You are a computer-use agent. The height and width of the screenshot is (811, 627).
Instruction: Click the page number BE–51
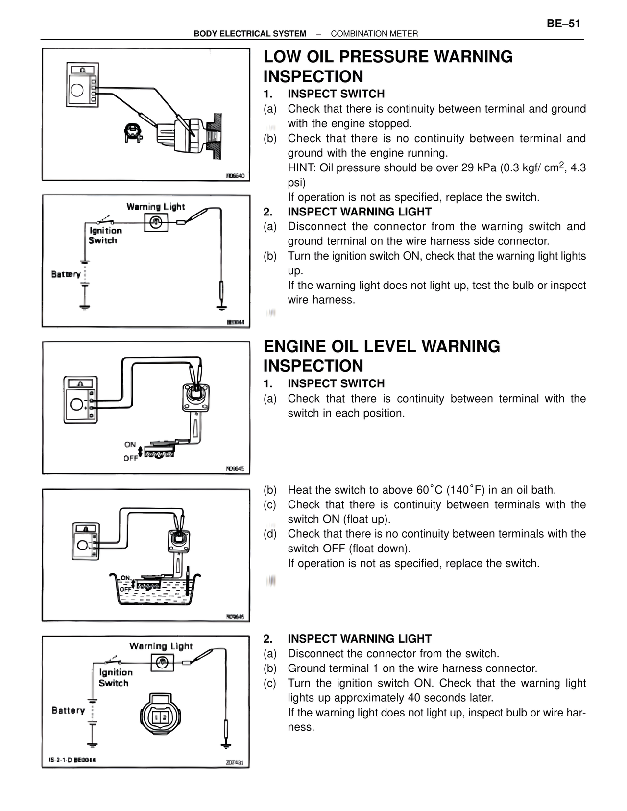(x=563, y=24)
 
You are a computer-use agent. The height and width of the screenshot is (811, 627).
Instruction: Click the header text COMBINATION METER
(x=374, y=34)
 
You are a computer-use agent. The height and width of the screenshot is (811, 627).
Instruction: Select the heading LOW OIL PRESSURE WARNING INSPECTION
(x=387, y=67)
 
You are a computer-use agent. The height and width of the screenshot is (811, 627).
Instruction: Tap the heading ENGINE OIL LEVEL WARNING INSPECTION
(x=382, y=356)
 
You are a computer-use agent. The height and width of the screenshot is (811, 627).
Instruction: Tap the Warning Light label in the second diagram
(x=156, y=207)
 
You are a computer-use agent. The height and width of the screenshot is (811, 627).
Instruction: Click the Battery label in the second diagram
(x=66, y=274)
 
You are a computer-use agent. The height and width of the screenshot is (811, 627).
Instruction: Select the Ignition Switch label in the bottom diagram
(x=116, y=678)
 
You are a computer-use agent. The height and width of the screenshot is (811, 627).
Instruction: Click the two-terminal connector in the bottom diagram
(x=156, y=716)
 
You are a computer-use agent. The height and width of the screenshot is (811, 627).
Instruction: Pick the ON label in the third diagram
(x=130, y=445)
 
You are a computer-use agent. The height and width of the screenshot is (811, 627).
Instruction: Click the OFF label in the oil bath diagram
(x=125, y=589)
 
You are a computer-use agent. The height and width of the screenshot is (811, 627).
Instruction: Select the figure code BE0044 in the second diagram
(x=238, y=322)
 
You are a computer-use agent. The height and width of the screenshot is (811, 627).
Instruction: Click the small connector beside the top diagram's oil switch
(x=133, y=132)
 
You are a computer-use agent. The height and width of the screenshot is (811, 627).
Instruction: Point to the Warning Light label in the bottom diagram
(x=161, y=646)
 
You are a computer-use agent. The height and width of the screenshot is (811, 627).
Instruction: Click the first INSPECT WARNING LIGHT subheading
(x=360, y=212)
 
